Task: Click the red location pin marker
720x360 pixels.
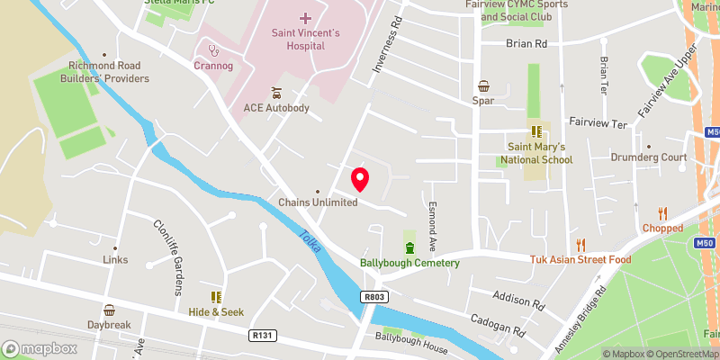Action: pyautogui.click(x=360, y=180)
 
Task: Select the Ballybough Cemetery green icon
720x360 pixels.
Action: pyautogui.click(x=410, y=248)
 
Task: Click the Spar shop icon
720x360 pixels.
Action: pyautogui.click(x=483, y=86)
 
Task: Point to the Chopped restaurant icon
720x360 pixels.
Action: pyautogui.click(x=663, y=214)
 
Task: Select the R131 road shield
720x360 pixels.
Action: pyautogui.click(x=261, y=335)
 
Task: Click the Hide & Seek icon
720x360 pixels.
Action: pyautogui.click(x=216, y=296)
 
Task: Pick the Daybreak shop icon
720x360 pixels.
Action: pyautogui.click(x=109, y=310)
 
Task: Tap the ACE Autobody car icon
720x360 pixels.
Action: pyautogui.click(x=276, y=93)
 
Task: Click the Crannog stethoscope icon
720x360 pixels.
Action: pyautogui.click(x=213, y=50)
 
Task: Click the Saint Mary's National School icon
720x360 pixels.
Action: pyautogui.click(x=538, y=131)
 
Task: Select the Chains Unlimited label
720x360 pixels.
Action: pyautogui.click(x=318, y=202)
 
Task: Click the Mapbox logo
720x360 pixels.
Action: pyautogui.click(x=40, y=348)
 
